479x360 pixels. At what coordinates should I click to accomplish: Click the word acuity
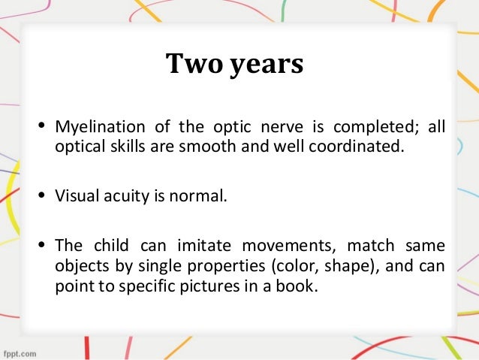click(121, 198)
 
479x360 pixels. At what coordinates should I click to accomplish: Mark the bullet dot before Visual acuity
click(42, 198)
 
